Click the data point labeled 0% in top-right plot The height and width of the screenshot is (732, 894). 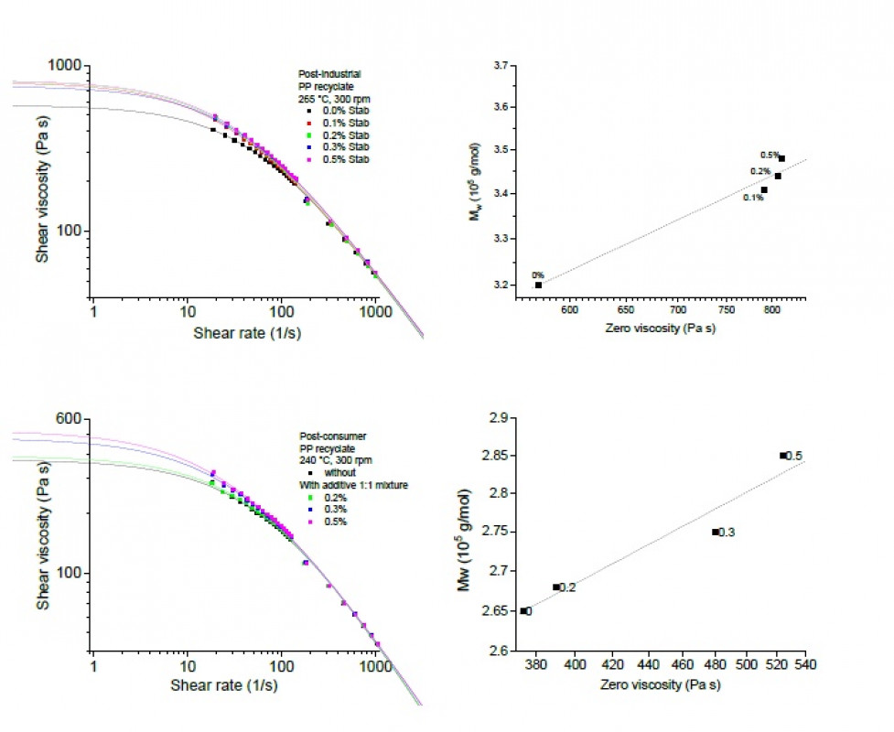tap(539, 285)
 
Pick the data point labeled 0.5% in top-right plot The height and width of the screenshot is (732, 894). tap(781, 158)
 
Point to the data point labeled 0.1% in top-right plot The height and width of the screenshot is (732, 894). tap(764, 190)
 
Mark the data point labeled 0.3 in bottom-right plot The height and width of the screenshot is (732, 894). tap(716, 532)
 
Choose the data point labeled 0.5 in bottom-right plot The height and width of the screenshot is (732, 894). tap(783, 456)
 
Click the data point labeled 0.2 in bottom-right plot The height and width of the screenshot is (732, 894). tap(555, 587)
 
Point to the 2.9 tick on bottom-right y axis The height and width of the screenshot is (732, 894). tap(501, 417)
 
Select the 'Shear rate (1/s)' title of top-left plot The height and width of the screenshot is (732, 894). tap(247, 333)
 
